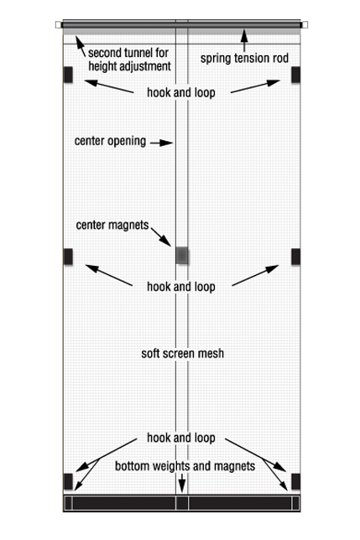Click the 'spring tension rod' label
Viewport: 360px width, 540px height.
point(244,58)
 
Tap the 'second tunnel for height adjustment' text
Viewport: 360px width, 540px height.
point(129,60)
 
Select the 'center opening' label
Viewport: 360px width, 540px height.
point(110,141)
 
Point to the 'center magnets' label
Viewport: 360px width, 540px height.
point(112,225)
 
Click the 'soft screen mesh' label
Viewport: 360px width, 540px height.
point(183,353)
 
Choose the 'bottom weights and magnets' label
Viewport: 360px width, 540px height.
point(185,466)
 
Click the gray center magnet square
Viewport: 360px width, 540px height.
point(182,255)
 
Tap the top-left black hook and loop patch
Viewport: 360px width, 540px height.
point(68,75)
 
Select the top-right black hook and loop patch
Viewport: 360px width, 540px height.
point(295,75)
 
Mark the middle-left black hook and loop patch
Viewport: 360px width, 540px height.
point(68,257)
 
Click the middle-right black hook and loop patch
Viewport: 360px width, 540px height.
point(295,257)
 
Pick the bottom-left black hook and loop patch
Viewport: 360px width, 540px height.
point(68,481)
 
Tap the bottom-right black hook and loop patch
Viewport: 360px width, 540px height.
point(295,481)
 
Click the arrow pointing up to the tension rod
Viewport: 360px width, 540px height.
point(244,40)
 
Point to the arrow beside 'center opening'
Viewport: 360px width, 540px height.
point(161,143)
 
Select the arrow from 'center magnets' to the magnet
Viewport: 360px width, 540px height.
point(161,236)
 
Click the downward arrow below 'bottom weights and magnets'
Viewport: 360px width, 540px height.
point(182,483)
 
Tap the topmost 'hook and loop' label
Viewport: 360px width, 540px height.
point(181,92)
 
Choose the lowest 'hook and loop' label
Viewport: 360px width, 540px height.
point(181,438)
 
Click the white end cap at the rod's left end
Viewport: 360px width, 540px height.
point(58,24)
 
